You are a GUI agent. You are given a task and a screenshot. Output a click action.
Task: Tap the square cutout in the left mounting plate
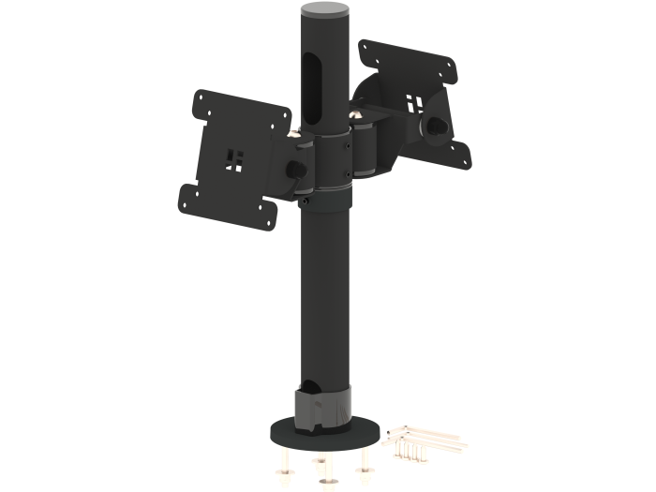233,158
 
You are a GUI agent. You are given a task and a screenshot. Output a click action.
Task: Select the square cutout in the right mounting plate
412,98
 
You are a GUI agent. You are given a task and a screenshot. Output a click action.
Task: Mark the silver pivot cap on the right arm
356,115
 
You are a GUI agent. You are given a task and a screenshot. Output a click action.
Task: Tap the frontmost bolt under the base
326,477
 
